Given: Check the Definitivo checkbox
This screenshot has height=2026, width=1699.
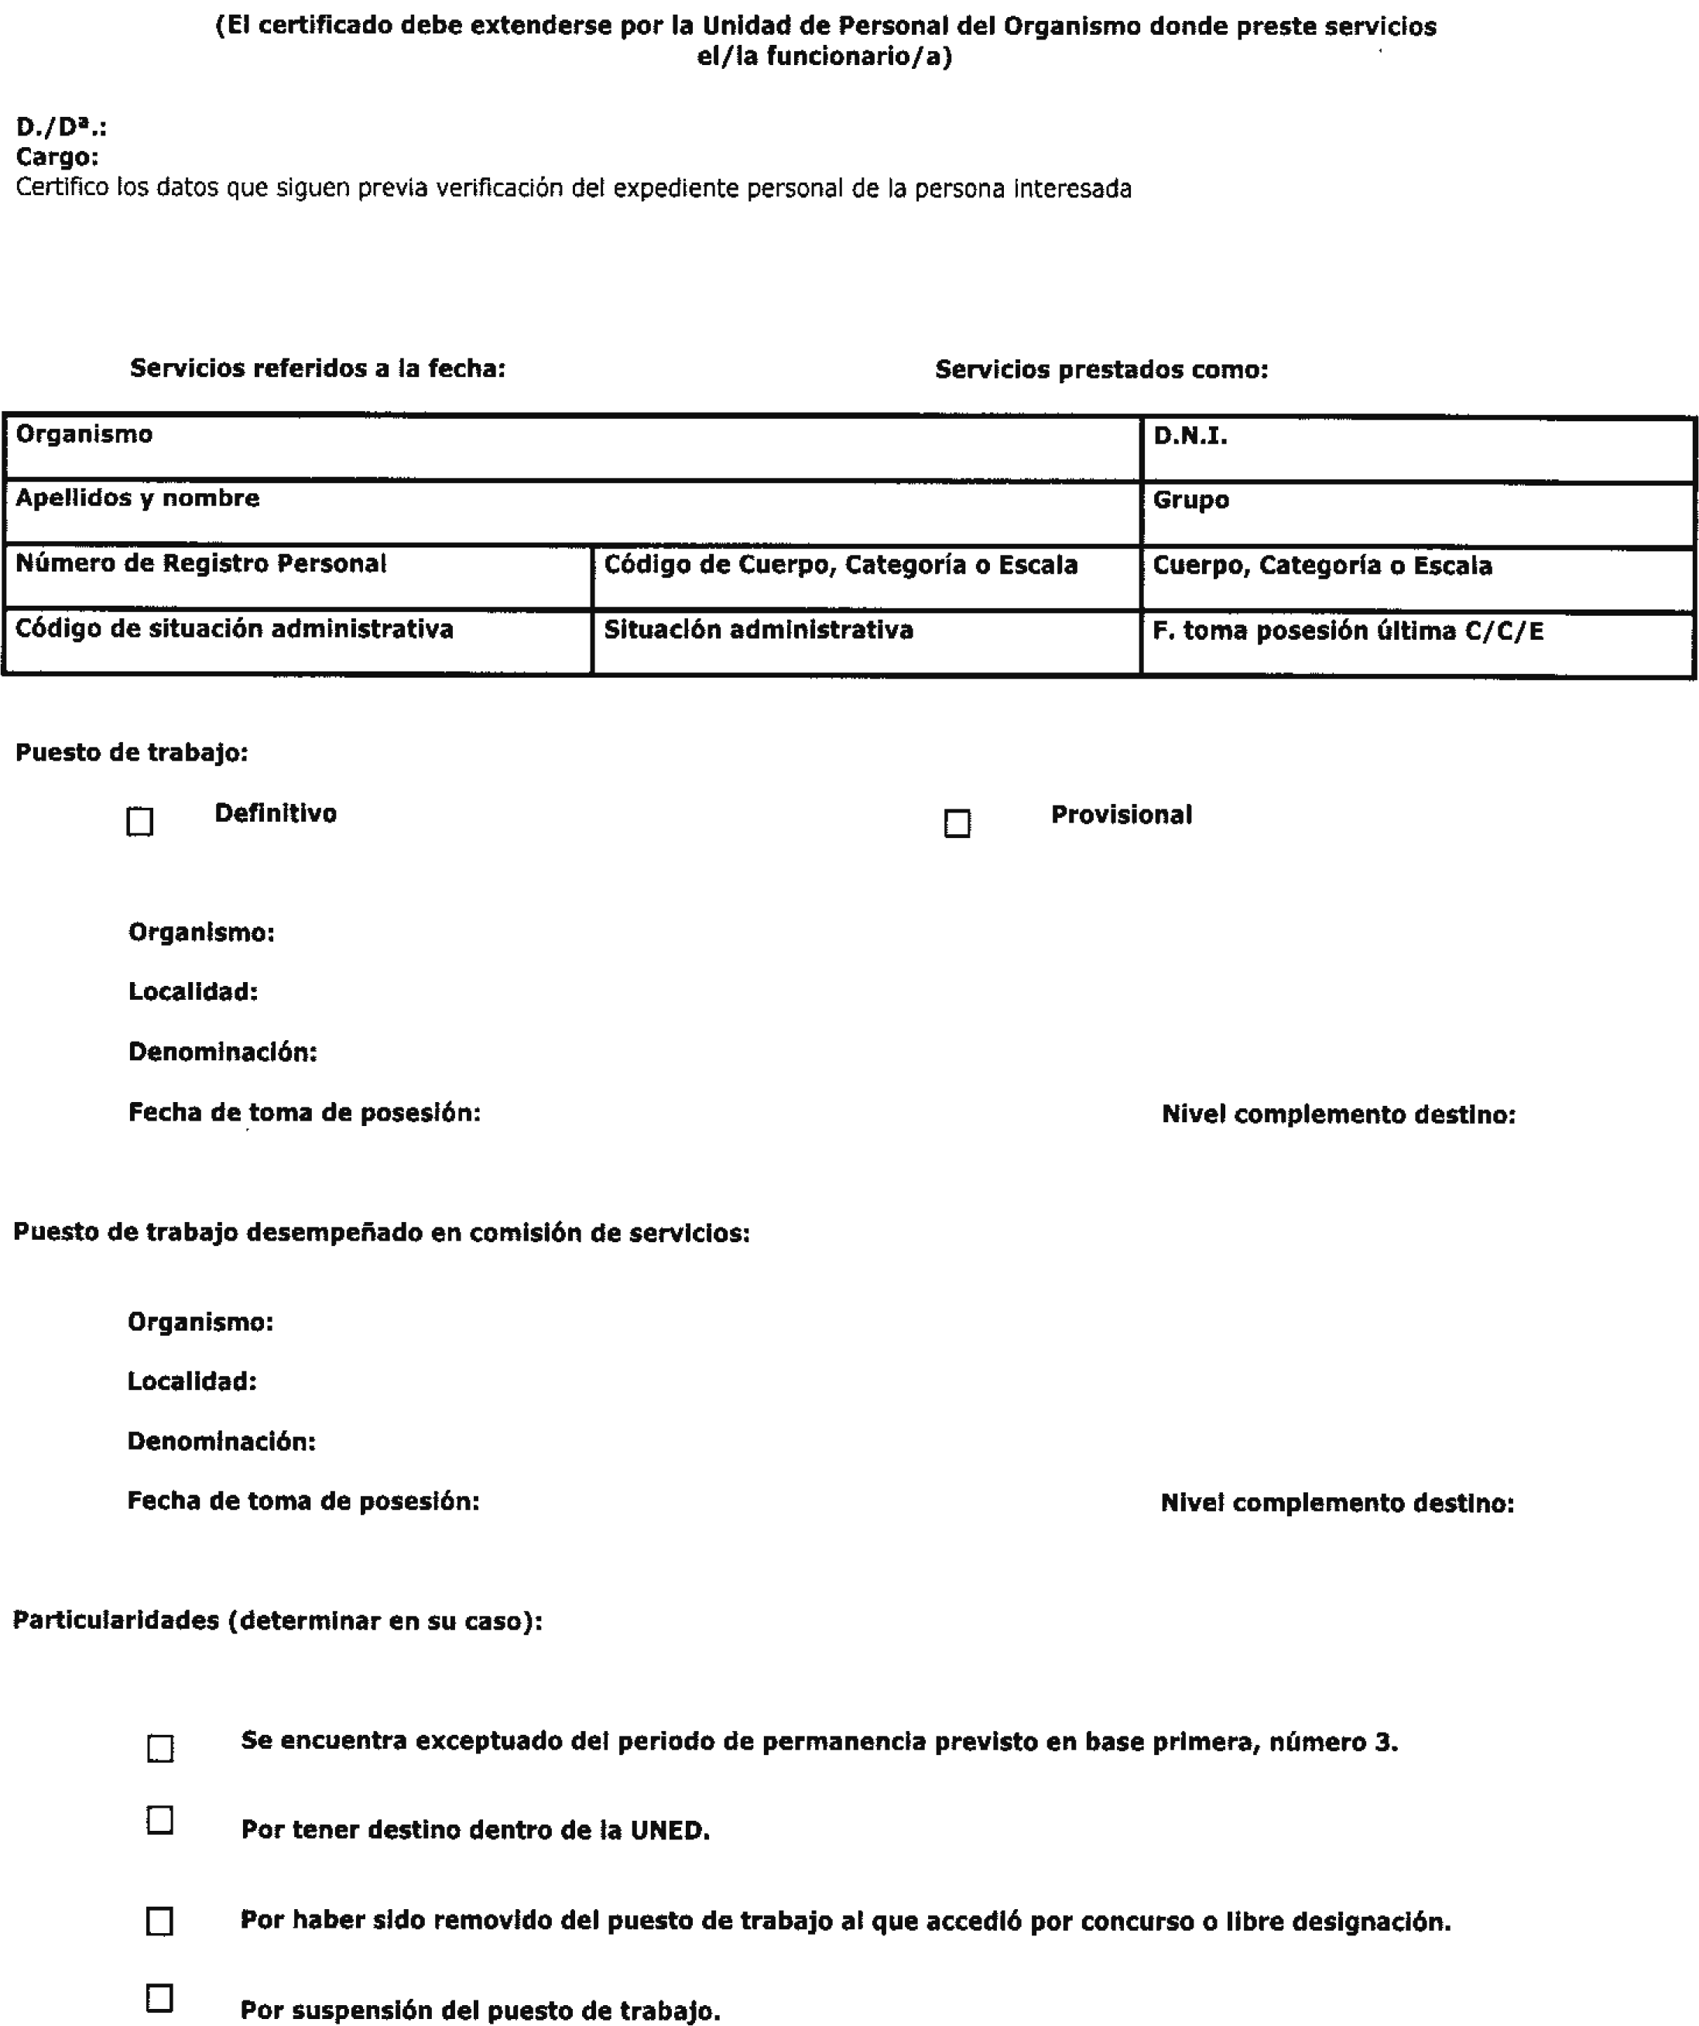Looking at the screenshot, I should (x=140, y=821).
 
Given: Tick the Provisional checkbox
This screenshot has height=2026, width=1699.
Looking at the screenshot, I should (x=957, y=823).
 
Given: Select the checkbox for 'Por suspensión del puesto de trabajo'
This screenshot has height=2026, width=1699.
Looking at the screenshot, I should (x=160, y=1997).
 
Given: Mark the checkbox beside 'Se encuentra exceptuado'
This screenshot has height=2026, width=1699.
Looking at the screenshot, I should (x=160, y=1748).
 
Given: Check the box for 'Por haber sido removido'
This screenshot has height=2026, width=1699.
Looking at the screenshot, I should (x=160, y=1921).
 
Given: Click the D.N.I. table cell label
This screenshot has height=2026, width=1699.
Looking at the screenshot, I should (x=1190, y=436).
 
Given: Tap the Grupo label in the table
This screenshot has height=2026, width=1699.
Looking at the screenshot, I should (x=1190, y=500).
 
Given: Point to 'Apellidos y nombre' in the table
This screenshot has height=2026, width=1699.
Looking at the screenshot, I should (x=138, y=498).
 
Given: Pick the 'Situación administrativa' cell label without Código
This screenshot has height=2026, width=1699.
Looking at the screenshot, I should (x=758, y=630).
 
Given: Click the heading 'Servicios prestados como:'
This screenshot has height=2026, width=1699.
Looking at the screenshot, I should (x=1101, y=369).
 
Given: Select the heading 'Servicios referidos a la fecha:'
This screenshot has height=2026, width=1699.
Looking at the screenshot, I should (x=317, y=368).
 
